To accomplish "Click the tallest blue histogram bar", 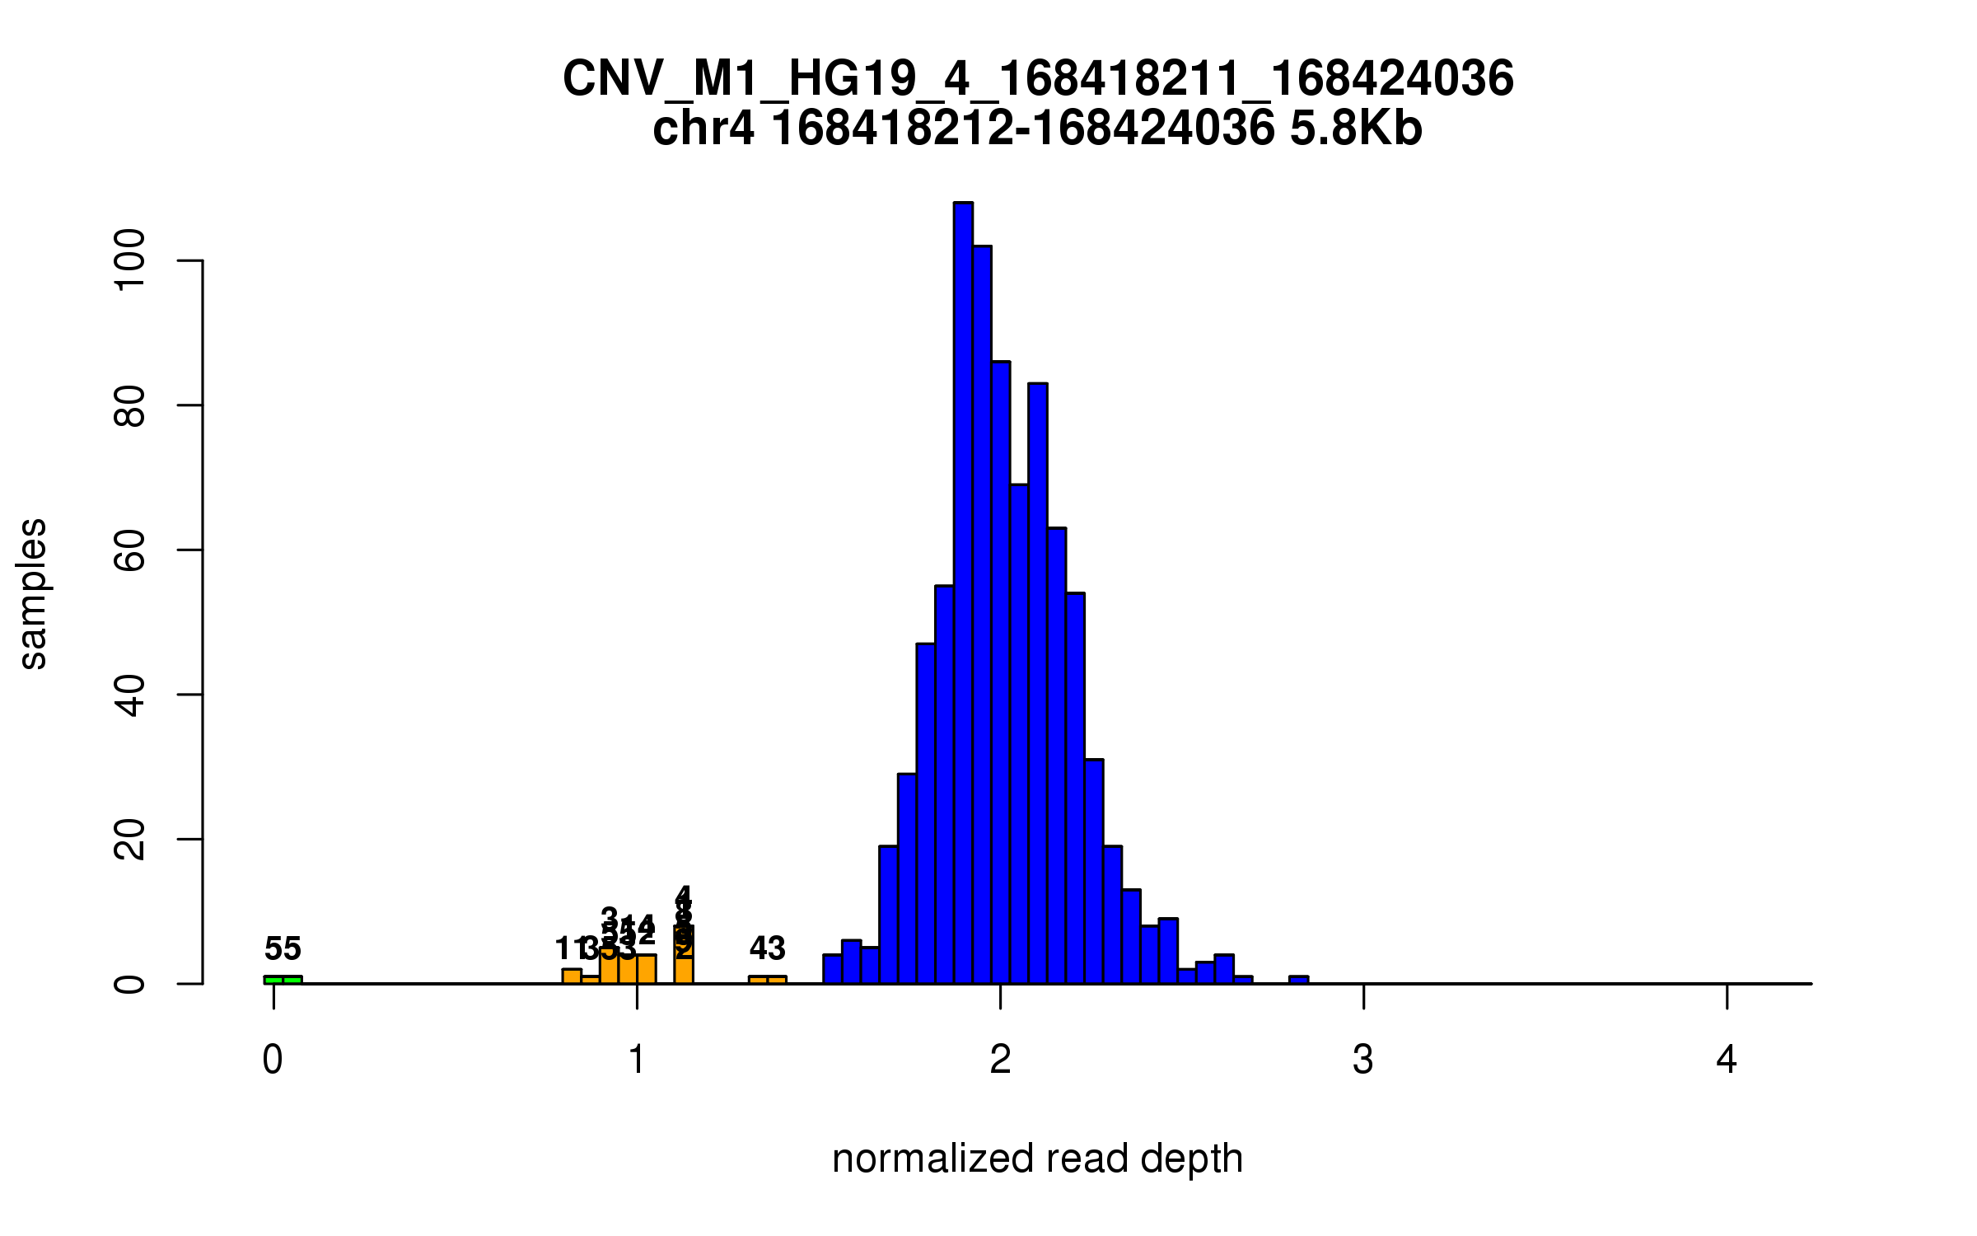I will point(963,593).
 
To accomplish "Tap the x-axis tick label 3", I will point(1363,1060).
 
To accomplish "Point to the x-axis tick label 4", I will point(1727,1060).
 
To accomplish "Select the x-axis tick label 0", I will point(273,1060).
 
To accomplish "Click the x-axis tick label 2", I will point(1000,1060).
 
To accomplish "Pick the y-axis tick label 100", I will point(130,260).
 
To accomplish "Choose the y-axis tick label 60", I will point(130,550).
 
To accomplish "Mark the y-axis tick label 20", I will point(130,839).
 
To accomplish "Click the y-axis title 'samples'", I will point(33,593).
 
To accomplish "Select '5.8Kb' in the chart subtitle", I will point(1356,129).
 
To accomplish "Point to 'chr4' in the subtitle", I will point(703,129).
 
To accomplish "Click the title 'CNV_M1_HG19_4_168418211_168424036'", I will point(1038,79).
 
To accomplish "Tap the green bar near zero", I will point(283,980).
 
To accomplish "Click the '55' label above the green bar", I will point(283,949).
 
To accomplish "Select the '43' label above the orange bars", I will point(767,948).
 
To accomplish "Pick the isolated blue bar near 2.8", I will point(1298,980).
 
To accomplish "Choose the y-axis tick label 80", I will point(130,405).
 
